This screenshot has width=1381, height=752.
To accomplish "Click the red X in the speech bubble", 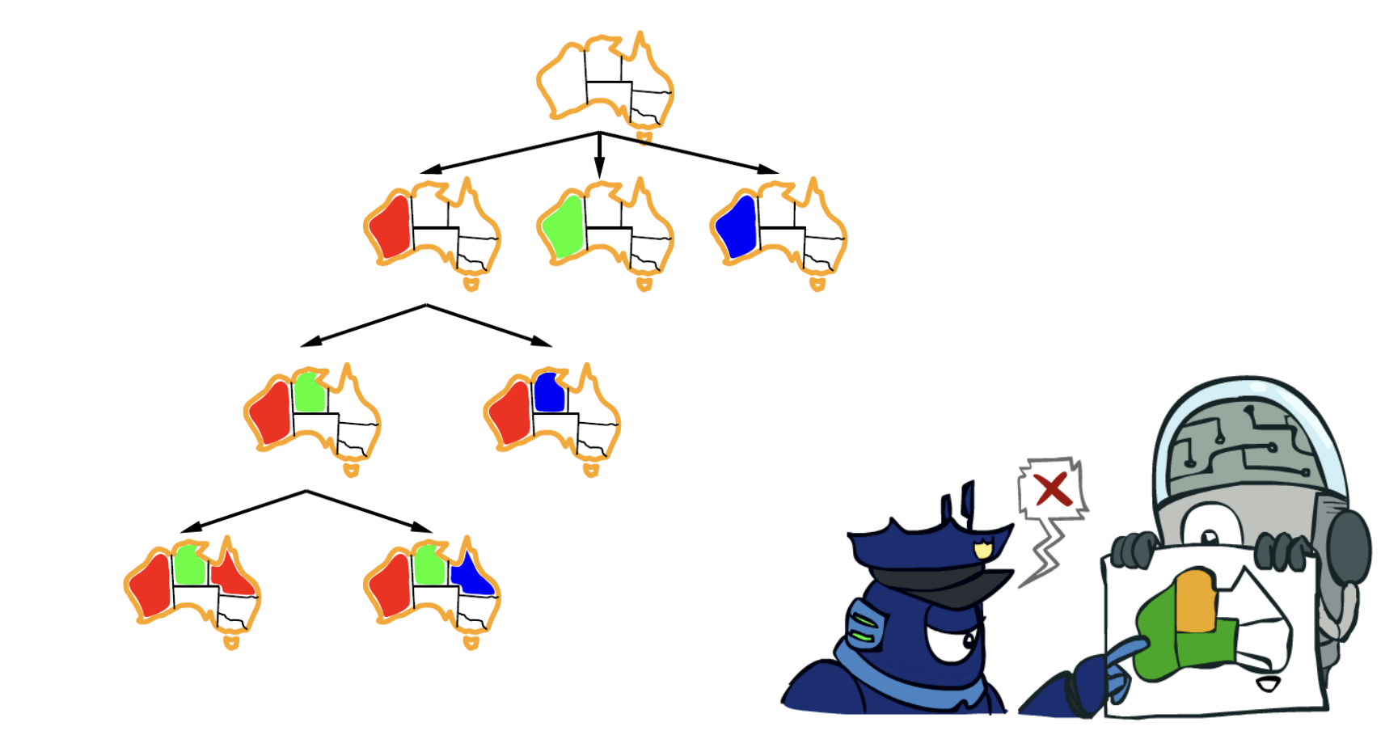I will tap(1052, 489).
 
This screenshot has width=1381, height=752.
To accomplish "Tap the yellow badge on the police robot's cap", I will tap(982, 550).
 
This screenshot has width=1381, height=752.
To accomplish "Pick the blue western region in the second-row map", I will tap(737, 227).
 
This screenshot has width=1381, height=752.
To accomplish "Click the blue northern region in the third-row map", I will tap(549, 393).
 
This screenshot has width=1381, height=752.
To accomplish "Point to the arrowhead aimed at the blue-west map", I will tap(767, 169).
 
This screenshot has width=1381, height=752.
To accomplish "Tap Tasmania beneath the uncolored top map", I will tap(644, 137).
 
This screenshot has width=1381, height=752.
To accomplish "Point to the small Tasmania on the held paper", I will tap(1268, 685).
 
